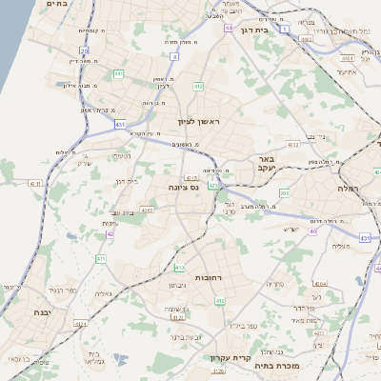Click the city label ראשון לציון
[x=198, y=122]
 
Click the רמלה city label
[x=345, y=189]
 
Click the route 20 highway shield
[x=84, y=50]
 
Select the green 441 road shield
[x=118, y=73]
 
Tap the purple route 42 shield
[x=110, y=232]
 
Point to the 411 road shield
[x=101, y=259]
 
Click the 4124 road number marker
[x=80, y=324]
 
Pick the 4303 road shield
[x=146, y=210]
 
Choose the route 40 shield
[x=312, y=231]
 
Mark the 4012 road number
[x=292, y=144]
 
